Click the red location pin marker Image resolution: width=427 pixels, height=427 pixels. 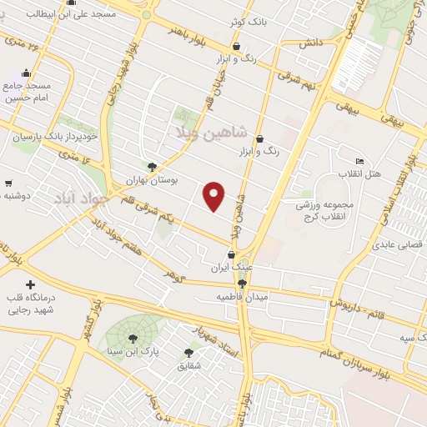point(214,195)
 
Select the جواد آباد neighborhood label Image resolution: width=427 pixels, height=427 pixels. point(81,198)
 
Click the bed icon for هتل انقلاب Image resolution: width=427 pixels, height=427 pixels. point(359,161)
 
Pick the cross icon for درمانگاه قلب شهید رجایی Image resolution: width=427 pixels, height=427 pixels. point(32,285)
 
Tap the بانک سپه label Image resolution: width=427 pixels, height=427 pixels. point(406,338)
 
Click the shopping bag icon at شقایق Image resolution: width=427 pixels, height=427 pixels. point(188,352)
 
